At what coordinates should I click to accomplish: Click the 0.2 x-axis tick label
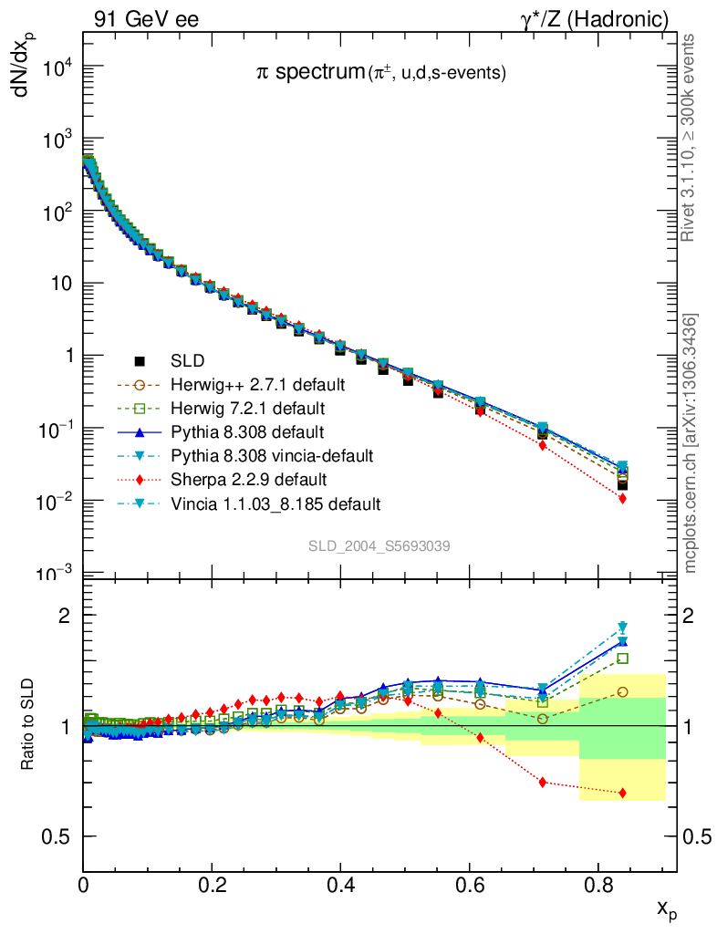(x=212, y=884)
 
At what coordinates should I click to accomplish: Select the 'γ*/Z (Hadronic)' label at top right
(x=594, y=19)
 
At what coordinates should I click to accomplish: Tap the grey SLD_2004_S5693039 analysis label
(x=379, y=545)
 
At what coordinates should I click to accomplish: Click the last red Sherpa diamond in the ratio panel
(x=622, y=794)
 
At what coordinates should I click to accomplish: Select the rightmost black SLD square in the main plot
(x=622, y=485)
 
